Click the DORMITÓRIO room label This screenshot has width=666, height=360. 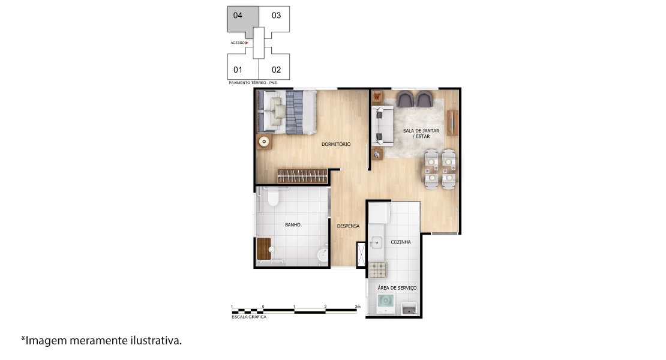coord(336,145)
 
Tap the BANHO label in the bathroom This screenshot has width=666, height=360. coord(293,225)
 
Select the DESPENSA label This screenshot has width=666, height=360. coord(348,226)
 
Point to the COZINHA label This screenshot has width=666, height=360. coord(401,242)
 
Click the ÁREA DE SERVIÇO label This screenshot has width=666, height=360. coord(397,288)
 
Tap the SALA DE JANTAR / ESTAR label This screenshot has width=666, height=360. coord(421,134)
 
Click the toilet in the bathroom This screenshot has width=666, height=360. coord(273,197)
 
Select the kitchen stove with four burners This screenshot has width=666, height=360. coord(377,269)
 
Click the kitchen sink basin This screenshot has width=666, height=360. coord(376,243)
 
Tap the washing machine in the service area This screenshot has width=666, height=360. coord(385,304)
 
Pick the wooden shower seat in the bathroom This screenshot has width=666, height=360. coord(264,249)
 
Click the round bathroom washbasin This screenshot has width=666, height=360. coord(323,255)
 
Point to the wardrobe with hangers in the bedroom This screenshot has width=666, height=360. coord(303,176)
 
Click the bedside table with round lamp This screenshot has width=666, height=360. coord(264,142)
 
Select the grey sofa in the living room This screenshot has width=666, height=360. coord(382,126)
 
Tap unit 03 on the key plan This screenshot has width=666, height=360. coord(276,16)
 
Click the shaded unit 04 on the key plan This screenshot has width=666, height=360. coord(242,19)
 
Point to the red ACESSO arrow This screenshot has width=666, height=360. coord(247,43)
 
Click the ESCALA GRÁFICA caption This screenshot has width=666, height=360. coord(249,317)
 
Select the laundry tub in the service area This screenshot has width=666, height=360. coord(409,308)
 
